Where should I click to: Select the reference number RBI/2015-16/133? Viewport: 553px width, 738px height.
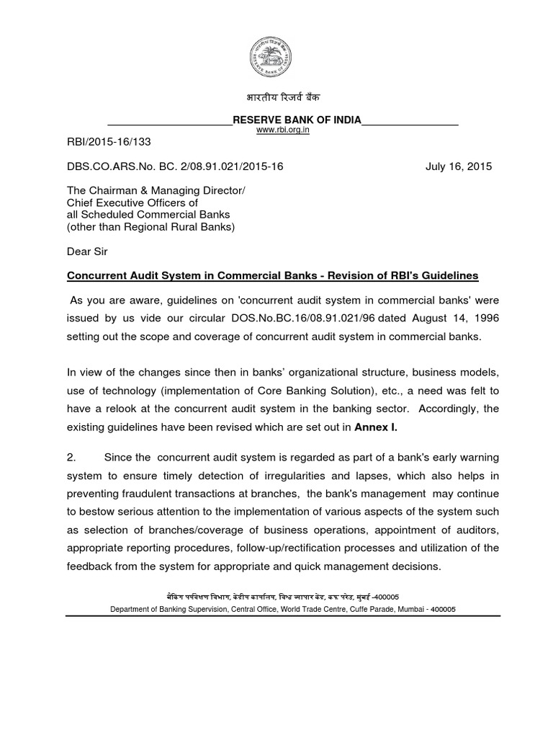[109, 143]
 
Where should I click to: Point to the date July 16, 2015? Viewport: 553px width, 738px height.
[459, 166]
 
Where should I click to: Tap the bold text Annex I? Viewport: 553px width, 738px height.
[375, 427]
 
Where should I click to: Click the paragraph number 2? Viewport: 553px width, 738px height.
[71, 457]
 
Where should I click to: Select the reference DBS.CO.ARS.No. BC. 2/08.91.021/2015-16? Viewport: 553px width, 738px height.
[175, 166]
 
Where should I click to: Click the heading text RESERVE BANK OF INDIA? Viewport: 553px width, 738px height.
[296, 120]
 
